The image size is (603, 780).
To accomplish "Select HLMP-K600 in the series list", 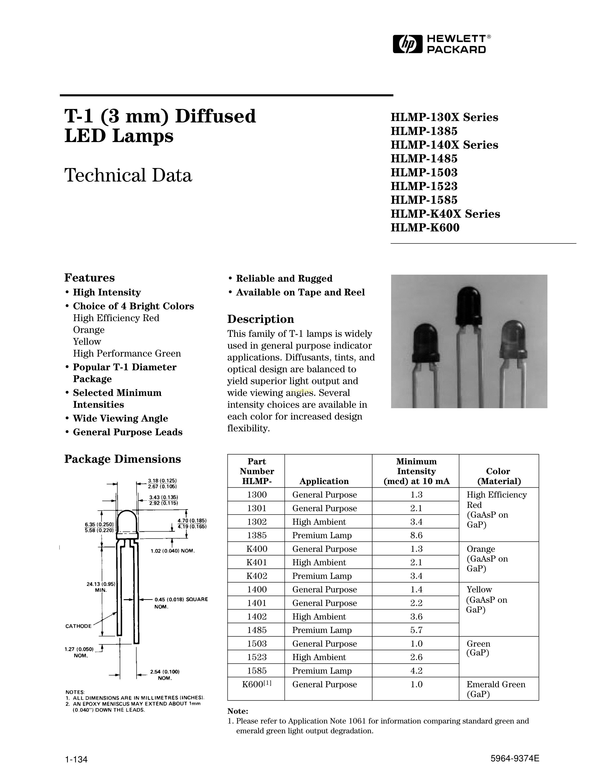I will [425, 227].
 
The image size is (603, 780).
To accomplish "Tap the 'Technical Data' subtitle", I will [128, 175].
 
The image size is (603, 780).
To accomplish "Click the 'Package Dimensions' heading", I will [122, 459].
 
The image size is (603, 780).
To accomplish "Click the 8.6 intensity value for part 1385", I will [416, 535].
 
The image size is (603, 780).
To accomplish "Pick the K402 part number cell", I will [257, 576].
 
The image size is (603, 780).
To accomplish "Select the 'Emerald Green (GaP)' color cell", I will [496, 689].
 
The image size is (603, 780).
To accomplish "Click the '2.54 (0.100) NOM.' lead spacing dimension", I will [165, 675].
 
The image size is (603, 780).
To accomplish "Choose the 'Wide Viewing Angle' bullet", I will [120, 418].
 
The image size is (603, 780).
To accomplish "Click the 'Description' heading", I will [260, 319].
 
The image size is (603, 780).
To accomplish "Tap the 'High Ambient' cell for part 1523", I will [319, 657].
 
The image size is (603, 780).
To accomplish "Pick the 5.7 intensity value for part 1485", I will [416, 630].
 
